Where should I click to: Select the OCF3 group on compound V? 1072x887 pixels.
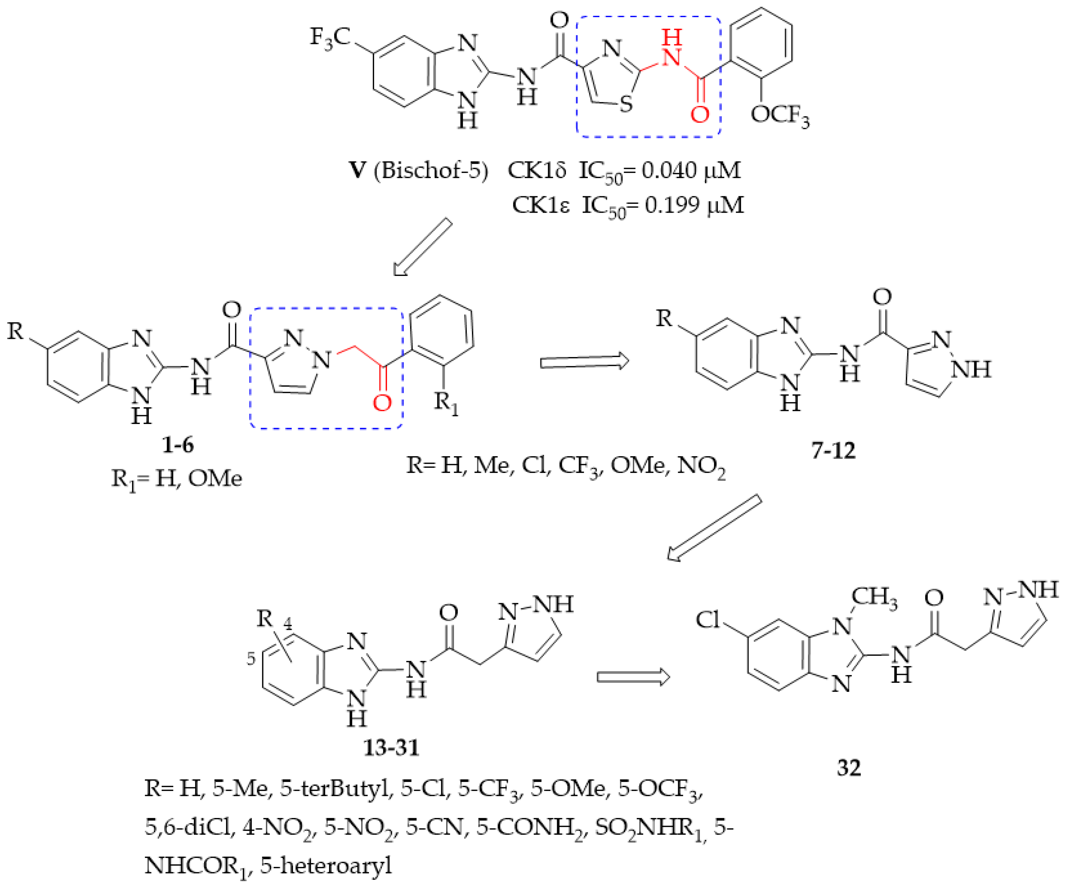pos(780,115)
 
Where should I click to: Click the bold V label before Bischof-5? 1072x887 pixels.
pos(357,170)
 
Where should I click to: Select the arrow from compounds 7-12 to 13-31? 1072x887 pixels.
pos(715,528)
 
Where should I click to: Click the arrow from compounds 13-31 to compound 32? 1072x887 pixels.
pos(633,677)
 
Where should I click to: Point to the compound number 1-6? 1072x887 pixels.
pos(178,445)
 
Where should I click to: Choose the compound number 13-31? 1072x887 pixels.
pos(391,748)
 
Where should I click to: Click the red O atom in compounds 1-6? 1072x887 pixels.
pos(382,403)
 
